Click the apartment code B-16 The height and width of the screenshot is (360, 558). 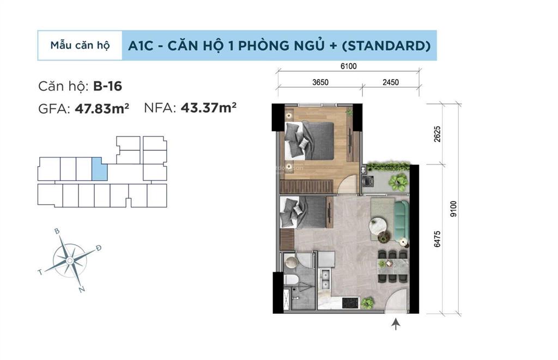coord(107,86)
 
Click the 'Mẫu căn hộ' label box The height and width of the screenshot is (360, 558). coord(80,45)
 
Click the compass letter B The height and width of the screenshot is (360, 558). coord(57,231)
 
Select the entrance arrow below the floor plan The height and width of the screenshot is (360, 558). coord(396,325)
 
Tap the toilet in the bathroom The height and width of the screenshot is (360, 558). coord(291,280)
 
